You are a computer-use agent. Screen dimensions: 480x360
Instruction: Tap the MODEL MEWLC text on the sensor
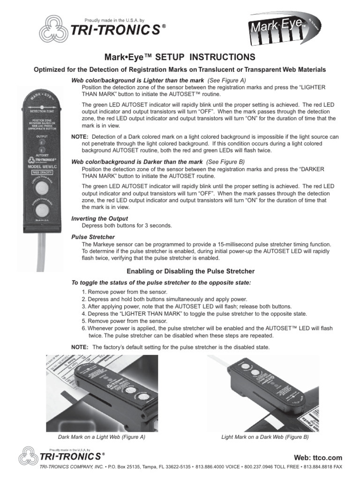(42, 166)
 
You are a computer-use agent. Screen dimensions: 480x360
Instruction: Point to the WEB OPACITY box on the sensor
(42, 172)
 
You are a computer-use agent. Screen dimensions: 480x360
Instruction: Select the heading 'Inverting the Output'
(99, 218)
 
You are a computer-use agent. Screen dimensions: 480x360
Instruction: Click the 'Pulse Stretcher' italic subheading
(93, 237)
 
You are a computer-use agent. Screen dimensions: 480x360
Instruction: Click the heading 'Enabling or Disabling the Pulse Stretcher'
(191, 271)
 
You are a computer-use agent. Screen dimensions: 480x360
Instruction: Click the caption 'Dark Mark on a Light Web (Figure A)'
(102, 437)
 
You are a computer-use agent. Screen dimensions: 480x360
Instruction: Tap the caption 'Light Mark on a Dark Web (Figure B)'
(265, 437)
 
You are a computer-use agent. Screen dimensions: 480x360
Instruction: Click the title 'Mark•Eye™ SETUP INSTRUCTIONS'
(180, 57)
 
